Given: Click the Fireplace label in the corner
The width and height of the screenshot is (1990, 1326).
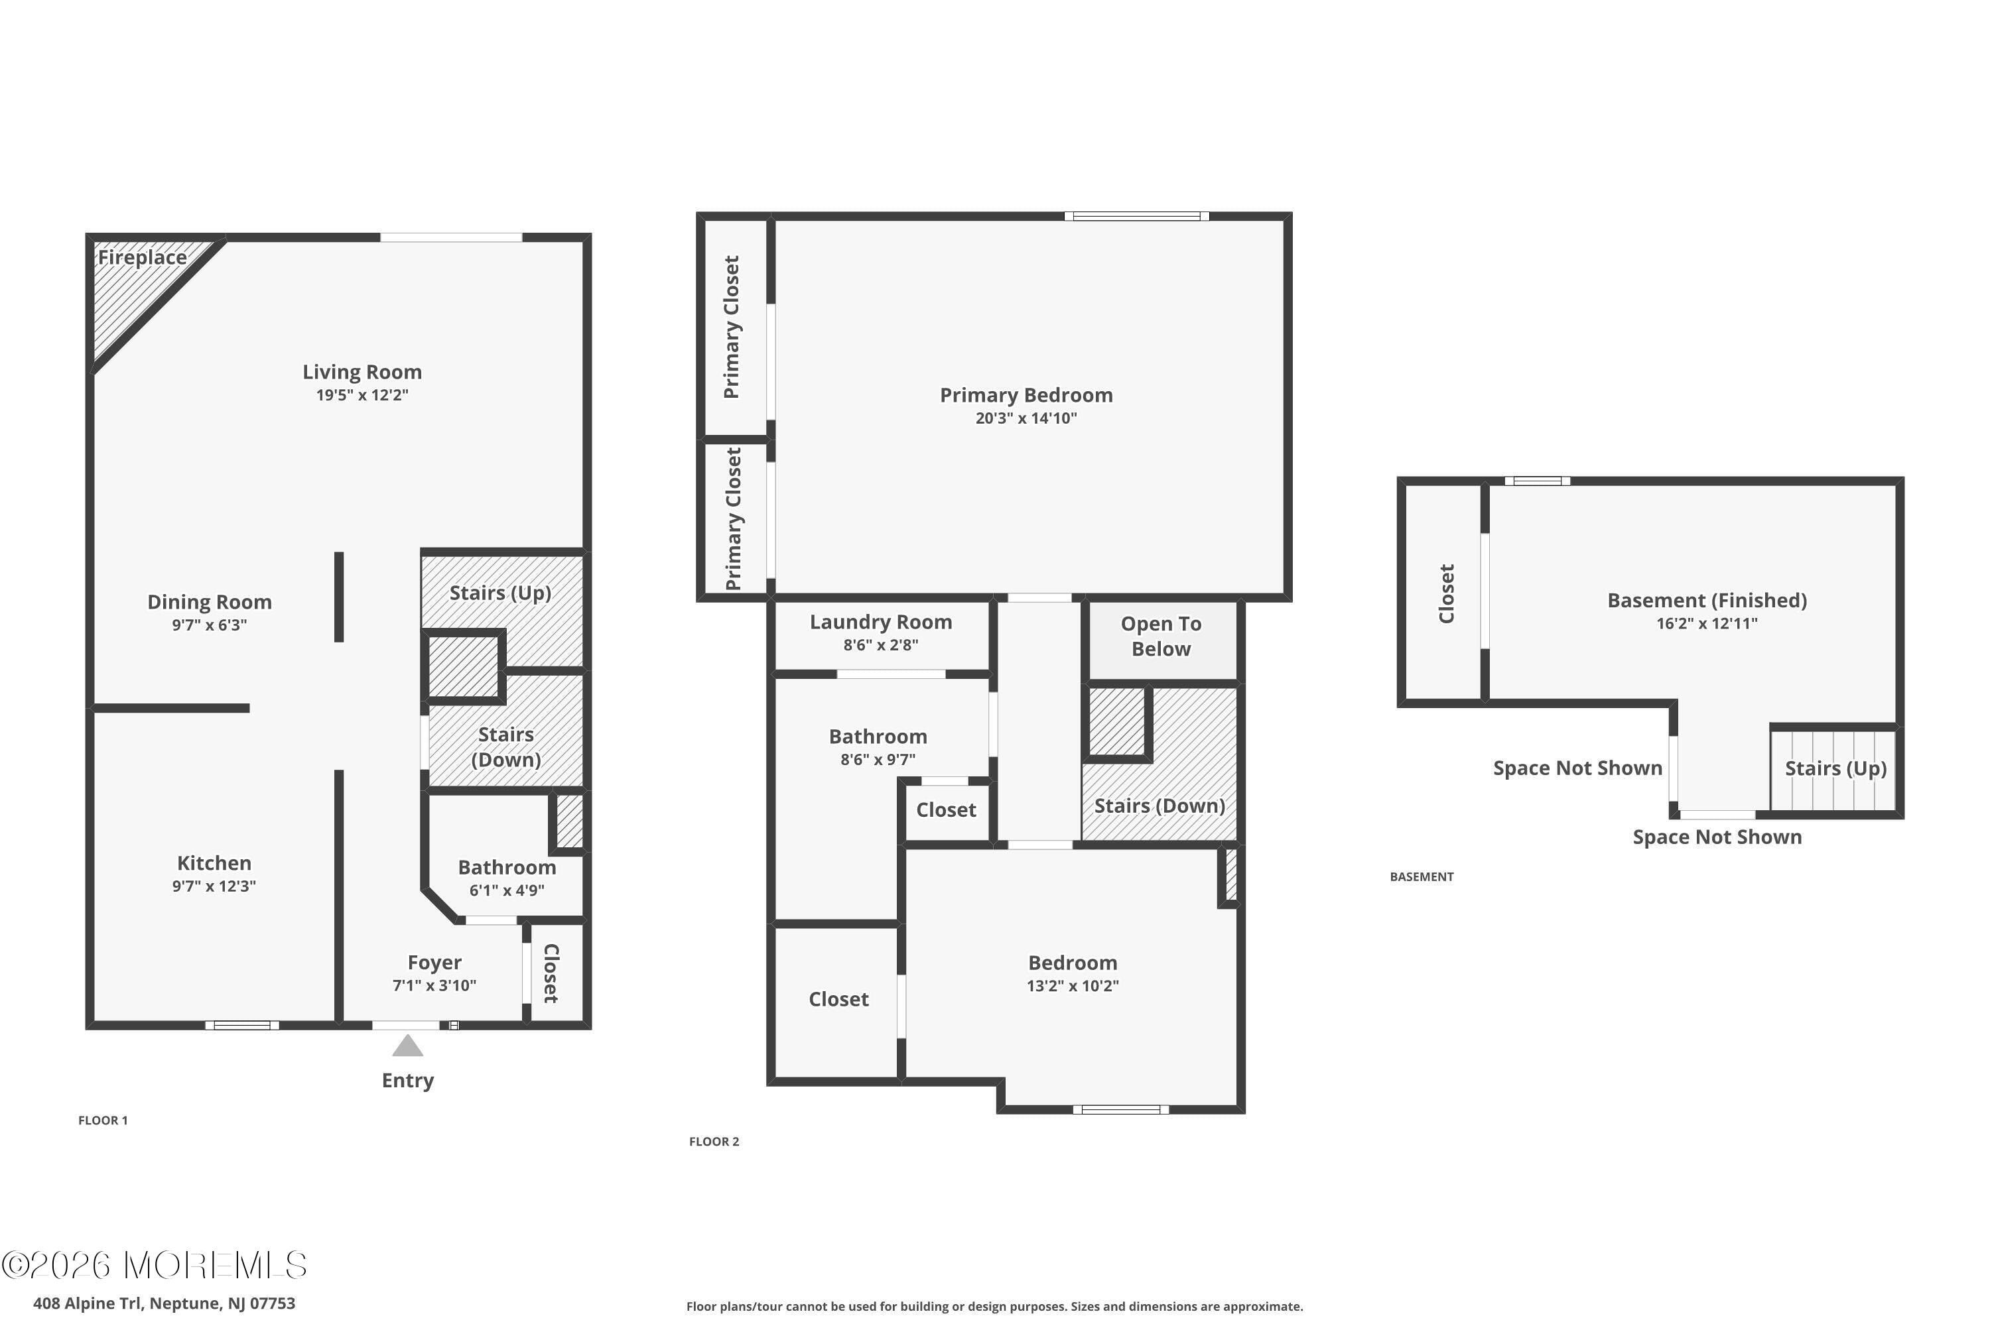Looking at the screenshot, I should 142,257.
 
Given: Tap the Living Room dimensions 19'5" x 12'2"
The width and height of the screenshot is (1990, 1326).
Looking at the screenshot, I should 362,395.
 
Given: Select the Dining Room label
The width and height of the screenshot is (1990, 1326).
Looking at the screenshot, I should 210,602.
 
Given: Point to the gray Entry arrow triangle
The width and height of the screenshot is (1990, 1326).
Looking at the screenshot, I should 408,1047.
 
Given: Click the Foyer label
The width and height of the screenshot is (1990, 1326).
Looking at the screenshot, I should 434,963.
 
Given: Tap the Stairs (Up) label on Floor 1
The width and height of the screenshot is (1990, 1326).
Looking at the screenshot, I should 500,593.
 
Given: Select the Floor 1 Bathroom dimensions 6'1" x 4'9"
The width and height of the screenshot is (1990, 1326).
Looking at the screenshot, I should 507,890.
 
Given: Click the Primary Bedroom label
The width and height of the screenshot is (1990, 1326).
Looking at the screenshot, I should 1026,395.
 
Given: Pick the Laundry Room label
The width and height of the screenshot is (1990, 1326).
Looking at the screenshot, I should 881,623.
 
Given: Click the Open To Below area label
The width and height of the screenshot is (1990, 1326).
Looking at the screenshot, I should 1161,636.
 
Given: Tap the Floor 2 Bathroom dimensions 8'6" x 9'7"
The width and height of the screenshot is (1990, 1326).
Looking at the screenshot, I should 878,759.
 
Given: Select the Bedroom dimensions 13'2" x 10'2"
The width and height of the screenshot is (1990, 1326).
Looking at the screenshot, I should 1073,986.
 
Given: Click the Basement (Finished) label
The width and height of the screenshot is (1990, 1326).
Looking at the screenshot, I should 1707,601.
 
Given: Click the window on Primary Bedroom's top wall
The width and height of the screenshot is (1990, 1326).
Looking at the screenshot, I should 1136,217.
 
